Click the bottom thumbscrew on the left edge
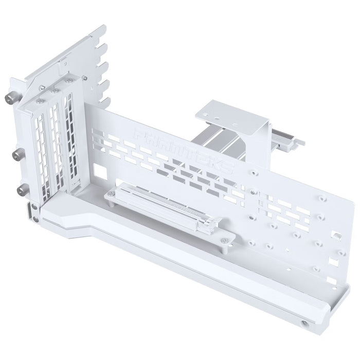tap(21, 191)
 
